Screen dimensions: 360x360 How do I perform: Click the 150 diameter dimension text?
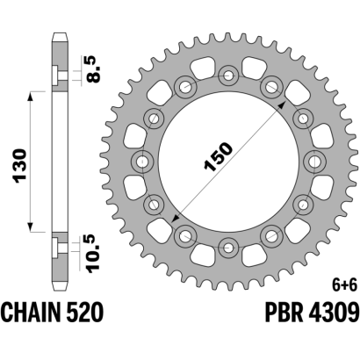point(219,156)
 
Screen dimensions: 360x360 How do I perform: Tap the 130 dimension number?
point(21,166)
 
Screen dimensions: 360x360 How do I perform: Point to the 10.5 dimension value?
point(94,254)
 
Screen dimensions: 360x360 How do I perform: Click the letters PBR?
point(284,312)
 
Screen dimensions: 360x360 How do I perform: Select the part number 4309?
point(333,312)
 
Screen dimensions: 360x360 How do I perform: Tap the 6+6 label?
point(347,285)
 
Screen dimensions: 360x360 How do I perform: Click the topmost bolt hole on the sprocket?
point(228,76)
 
